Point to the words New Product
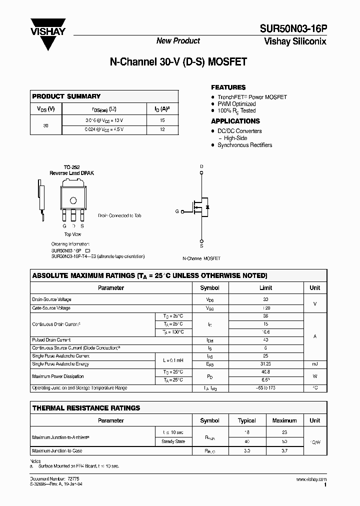(178, 41)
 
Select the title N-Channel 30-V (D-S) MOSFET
(178, 63)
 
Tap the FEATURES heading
(228, 87)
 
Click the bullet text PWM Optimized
(236, 104)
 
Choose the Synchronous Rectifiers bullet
(244, 145)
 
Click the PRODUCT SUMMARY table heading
(66, 96)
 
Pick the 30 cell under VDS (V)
(45, 125)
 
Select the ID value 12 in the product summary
(162, 129)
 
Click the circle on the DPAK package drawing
(73, 200)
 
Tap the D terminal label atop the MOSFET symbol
(201, 166)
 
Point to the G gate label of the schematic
(177, 211)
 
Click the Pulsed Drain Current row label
(51, 340)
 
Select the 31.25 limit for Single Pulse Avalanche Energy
(265, 364)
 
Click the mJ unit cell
(314, 364)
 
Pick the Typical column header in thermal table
(246, 420)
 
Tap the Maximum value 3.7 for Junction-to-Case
(284, 450)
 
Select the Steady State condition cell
(173, 441)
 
